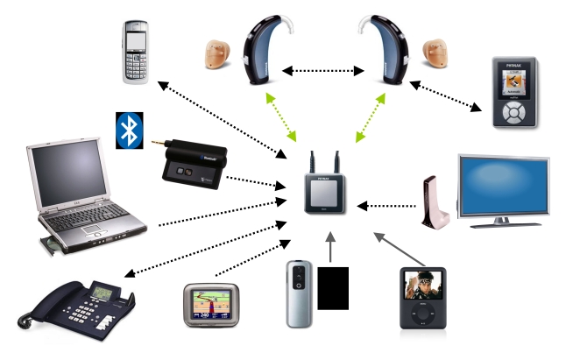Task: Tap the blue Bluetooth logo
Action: pyautogui.click(x=130, y=130)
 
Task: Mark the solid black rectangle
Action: pyautogui.click(x=333, y=288)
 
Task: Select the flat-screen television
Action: pyautogui.click(x=504, y=187)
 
